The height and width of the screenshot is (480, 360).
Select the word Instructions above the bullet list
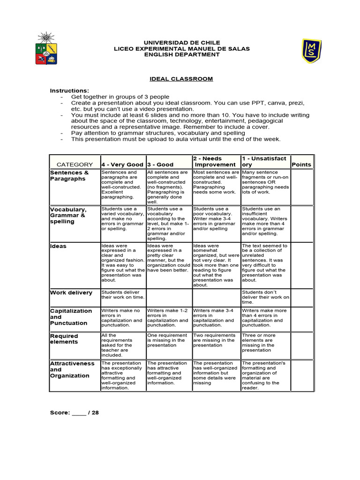coord(69,90)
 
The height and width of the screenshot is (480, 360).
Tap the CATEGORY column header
coord(75,165)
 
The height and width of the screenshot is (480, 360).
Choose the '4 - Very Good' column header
coord(122,165)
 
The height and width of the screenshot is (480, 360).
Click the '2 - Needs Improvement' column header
coord(216,162)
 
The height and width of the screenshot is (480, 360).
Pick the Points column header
coord(301,165)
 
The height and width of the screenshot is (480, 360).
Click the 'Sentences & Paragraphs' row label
coord(69,176)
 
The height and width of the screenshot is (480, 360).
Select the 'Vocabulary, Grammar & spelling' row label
coord(68,215)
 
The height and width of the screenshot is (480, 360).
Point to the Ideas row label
coord(59,246)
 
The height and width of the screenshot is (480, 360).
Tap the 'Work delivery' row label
coord(71,292)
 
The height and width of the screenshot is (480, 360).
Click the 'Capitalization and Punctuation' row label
coord(71,317)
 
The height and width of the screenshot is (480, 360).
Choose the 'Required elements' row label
coord(64,339)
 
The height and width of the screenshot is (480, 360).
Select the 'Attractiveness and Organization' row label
coord(72,369)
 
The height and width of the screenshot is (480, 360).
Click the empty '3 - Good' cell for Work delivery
coord(169,297)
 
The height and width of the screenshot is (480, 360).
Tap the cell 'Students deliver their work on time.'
coord(123,294)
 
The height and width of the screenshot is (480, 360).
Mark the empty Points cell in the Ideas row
coord(301,264)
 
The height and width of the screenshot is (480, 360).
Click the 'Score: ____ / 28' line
coord(75,412)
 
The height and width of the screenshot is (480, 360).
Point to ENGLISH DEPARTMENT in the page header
coord(182,54)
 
